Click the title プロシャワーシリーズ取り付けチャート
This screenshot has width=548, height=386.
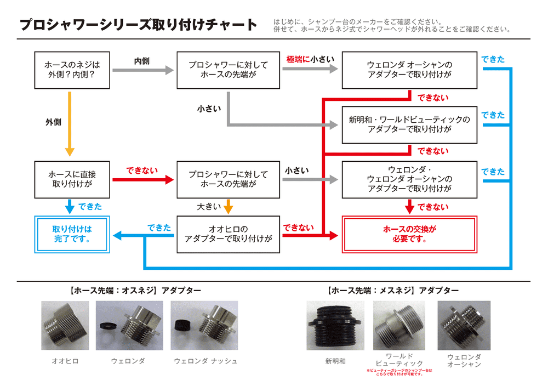[138, 25]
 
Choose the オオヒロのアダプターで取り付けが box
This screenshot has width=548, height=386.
[228, 235]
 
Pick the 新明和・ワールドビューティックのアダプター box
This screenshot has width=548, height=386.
[409, 125]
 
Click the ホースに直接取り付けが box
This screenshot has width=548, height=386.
[72, 180]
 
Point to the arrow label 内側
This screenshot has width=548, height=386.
[142, 61]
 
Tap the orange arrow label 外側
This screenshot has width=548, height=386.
[53, 122]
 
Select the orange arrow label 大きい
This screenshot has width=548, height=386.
[209, 207]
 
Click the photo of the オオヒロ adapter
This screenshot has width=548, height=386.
[65, 326]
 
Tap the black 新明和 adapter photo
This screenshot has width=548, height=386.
[335, 326]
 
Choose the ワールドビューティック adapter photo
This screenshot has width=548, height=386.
[399, 326]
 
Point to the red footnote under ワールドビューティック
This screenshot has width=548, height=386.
[399, 373]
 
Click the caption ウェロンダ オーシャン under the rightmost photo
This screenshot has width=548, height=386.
[464, 360]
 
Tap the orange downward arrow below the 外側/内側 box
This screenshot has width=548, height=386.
[70, 124]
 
